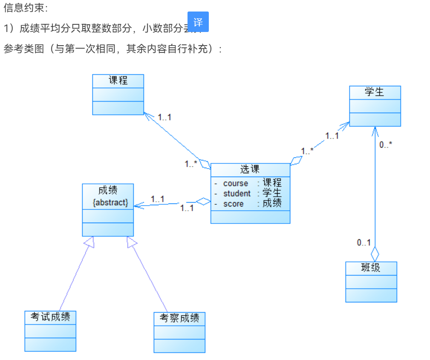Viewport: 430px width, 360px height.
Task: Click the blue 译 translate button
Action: click(x=198, y=22)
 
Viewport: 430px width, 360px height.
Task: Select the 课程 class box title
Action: click(x=118, y=81)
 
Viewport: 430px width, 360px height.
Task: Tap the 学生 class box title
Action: click(x=375, y=92)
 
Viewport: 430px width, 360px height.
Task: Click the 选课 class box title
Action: click(x=250, y=169)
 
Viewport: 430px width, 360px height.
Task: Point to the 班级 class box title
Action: click(x=371, y=268)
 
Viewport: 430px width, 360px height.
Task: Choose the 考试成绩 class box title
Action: click(x=50, y=317)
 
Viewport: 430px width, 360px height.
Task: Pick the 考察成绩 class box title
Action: click(x=179, y=318)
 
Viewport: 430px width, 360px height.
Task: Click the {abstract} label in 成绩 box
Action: click(x=110, y=203)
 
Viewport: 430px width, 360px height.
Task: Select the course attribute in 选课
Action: click(x=235, y=183)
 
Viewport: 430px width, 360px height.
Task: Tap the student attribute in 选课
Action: click(x=237, y=194)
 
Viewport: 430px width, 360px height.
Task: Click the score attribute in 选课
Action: click(x=234, y=204)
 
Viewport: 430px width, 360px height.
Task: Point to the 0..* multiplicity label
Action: click(x=386, y=145)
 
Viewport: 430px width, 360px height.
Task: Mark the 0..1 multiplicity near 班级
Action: click(x=364, y=243)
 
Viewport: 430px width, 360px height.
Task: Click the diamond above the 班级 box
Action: click(x=375, y=253)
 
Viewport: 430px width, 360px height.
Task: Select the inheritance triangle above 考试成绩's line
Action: click(x=89, y=241)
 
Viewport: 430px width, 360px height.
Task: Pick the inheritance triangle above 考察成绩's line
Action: click(x=132, y=241)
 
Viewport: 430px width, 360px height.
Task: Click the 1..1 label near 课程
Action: click(x=164, y=117)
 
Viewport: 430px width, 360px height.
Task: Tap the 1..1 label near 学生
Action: click(x=332, y=136)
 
